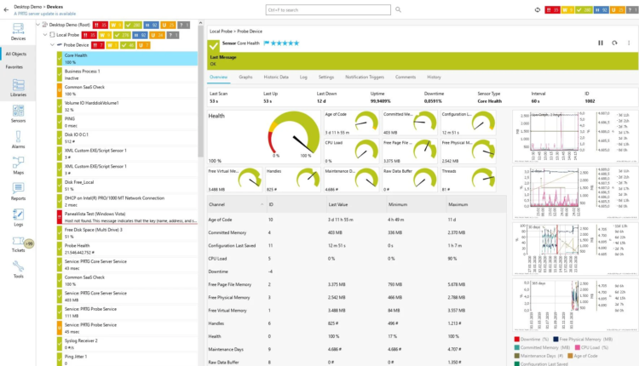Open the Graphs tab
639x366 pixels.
245,77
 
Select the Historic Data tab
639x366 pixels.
276,77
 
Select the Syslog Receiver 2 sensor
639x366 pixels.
82,340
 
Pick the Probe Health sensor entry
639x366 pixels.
78,246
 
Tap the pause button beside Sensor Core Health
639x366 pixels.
601,43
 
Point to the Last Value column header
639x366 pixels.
337,204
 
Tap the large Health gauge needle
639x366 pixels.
295,141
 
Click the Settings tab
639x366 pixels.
325,77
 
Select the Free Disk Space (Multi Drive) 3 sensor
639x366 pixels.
94,229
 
